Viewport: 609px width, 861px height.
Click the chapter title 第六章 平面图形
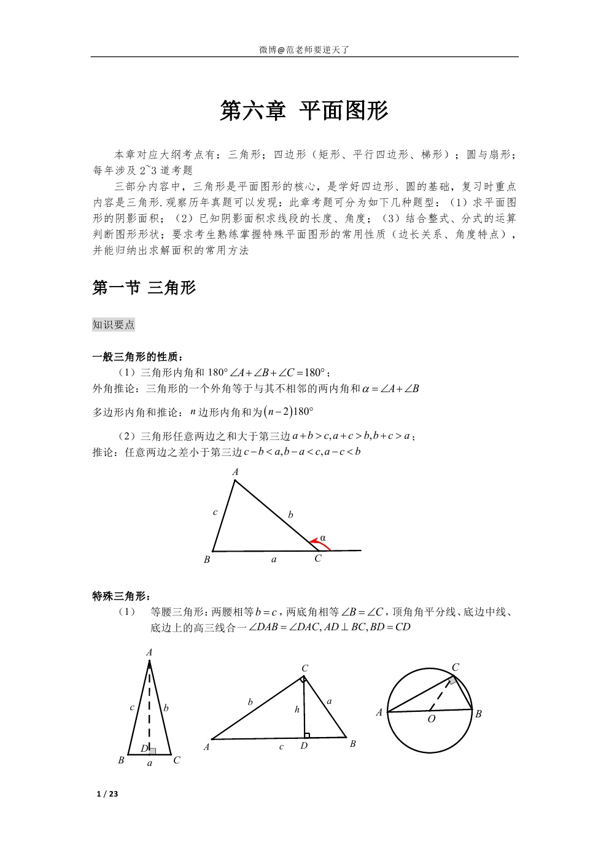click(304, 111)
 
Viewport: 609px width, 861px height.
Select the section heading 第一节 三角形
click(144, 287)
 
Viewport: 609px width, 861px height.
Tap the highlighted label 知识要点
click(114, 325)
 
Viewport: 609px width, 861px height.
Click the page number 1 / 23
click(107, 794)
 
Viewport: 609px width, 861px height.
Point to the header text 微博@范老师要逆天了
click(304, 50)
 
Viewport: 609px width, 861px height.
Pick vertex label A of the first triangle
click(235, 472)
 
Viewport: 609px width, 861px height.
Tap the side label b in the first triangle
click(290, 514)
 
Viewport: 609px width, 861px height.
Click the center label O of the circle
click(431, 719)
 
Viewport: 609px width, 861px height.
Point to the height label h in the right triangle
click(297, 709)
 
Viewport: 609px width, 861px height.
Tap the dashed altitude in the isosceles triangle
click(149, 706)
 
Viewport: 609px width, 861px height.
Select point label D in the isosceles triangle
click(144, 749)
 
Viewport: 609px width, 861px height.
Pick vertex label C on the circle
click(456, 667)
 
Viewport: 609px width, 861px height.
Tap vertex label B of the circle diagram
click(478, 714)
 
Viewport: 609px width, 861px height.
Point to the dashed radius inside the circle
click(441, 697)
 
